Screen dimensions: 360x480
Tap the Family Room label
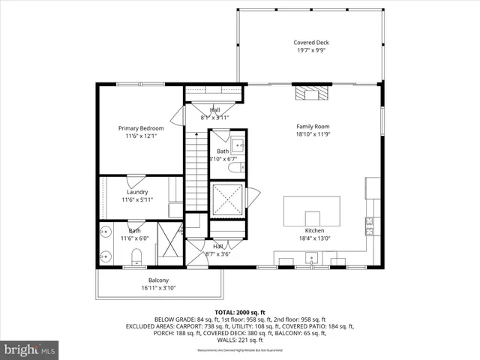tap(313, 127)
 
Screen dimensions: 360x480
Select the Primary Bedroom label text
tap(141, 128)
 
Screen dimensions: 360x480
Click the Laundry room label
tap(137, 192)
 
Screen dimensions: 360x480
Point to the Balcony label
tap(158, 279)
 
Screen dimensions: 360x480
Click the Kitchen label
tap(314, 230)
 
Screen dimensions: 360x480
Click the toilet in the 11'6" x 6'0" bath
tap(136, 258)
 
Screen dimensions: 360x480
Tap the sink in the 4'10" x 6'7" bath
tap(235, 145)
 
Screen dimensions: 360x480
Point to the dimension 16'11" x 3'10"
tap(158, 287)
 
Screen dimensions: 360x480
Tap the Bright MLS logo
tap(30, 349)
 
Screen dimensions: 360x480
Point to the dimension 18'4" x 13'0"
tap(314, 238)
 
